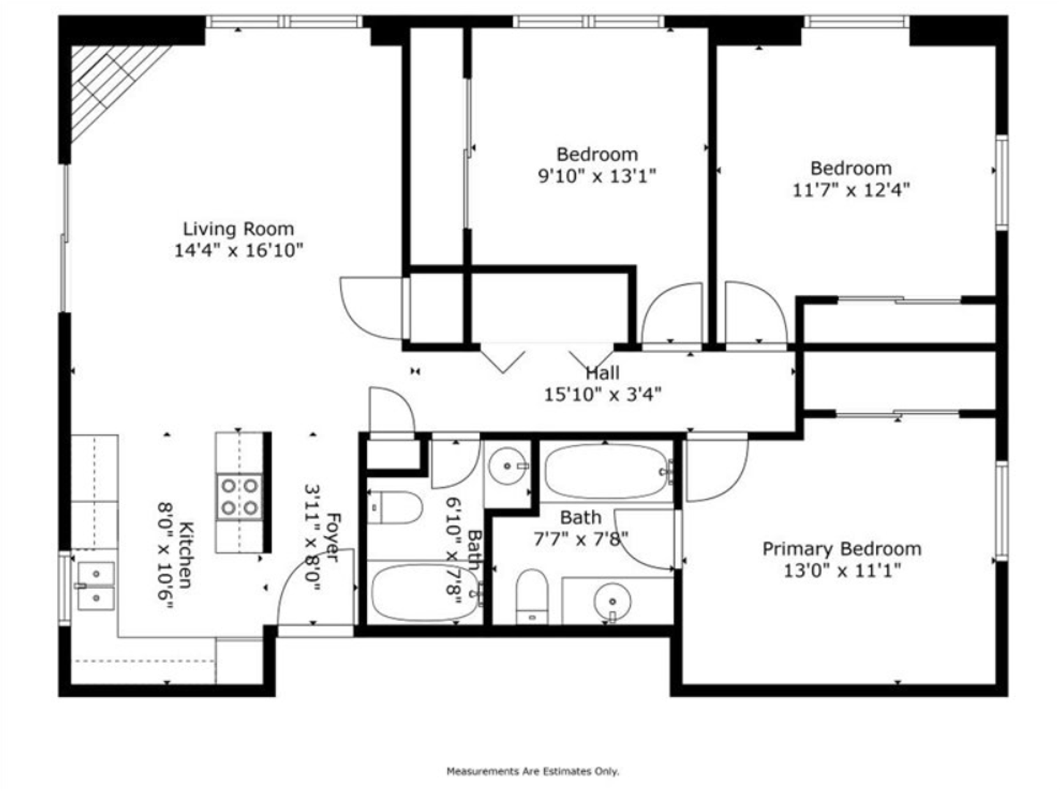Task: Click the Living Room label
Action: coord(238,229)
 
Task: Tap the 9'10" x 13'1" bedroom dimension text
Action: coord(597,177)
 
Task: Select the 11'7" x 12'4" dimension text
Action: coord(851,190)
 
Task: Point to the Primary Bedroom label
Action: coord(842,549)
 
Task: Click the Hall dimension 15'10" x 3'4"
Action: coord(602,395)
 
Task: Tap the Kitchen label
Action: coord(186,554)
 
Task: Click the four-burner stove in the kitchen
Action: coord(240,497)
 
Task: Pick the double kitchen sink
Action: coord(96,586)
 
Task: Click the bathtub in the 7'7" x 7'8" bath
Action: coord(607,472)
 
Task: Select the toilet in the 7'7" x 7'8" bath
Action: coord(532,597)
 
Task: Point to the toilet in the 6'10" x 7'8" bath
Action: coord(395,508)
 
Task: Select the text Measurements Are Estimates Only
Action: coord(533,771)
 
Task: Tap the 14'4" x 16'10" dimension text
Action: coord(239,250)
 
